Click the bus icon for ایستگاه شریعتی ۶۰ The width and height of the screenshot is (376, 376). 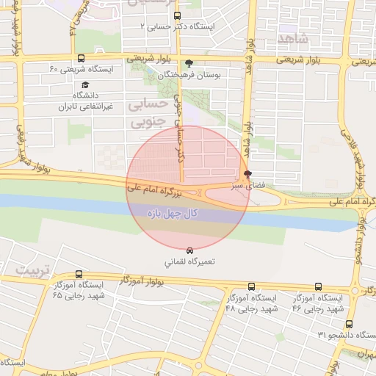pyautogui.click(x=80, y=58)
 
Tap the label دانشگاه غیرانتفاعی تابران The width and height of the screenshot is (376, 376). pyautogui.click(x=81, y=101)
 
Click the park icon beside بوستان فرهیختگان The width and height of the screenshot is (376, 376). pyautogui.click(x=189, y=63)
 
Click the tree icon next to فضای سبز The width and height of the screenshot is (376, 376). pyautogui.click(x=247, y=175)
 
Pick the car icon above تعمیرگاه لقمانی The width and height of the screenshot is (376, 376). pyautogui.click(x=191, y=250)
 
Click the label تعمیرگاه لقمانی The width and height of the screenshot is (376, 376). pyautogui.click(x=190, y=261)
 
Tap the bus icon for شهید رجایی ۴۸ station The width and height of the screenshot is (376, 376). pyautogui.click(x=252, y=287)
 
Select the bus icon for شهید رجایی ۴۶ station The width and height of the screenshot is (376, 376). pyautogui.click(x=318, y=287)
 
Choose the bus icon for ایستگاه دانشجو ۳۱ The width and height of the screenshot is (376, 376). pyautogui.click(x=349, y=323)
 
